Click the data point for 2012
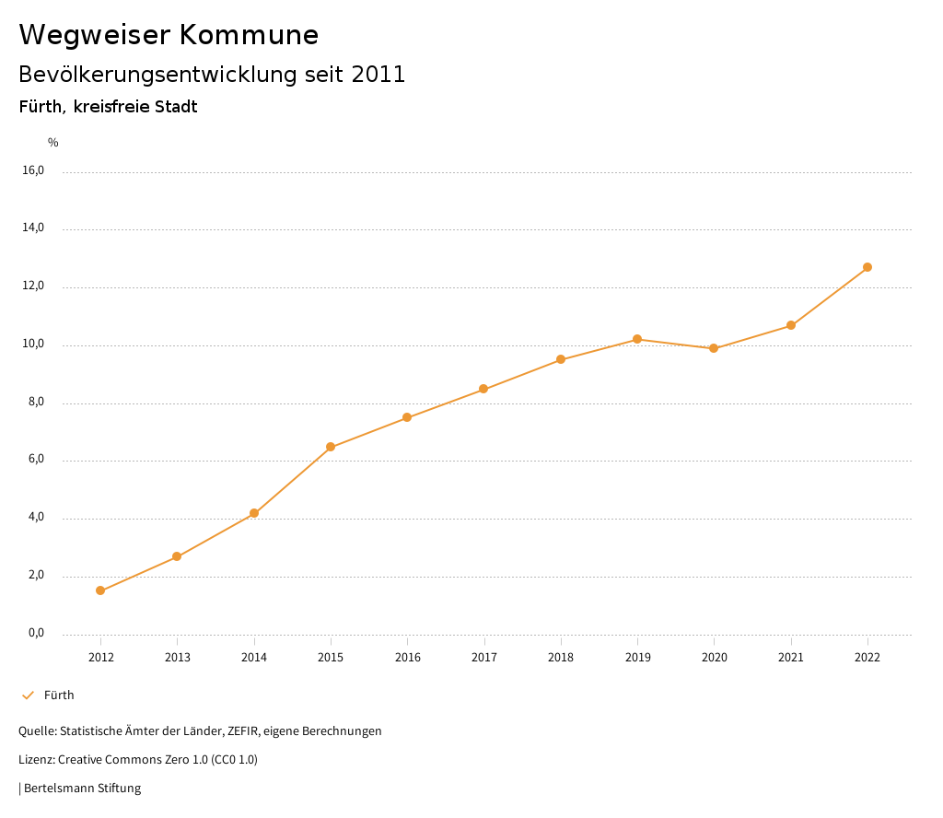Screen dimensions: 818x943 (x=100, y=590)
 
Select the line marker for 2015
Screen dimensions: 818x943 (x=331, y=447)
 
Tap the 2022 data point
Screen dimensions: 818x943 (x=867, y=267)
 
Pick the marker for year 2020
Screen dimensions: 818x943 (x=714, y=348)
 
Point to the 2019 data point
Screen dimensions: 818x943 (x=637, y=339)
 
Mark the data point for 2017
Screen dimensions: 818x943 (x=483, y=389)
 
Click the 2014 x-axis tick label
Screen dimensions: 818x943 (x=254, y=657)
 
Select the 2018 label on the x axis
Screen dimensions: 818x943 (x=561, y=657)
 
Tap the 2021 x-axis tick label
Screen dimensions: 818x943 (x=791, y=657)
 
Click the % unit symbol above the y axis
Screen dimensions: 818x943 (x=53, y=143)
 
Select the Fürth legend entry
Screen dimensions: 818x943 (x=59, y=695)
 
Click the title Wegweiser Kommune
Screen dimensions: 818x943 (x=169, y=35)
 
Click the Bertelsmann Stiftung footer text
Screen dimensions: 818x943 (x=82, y=788)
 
